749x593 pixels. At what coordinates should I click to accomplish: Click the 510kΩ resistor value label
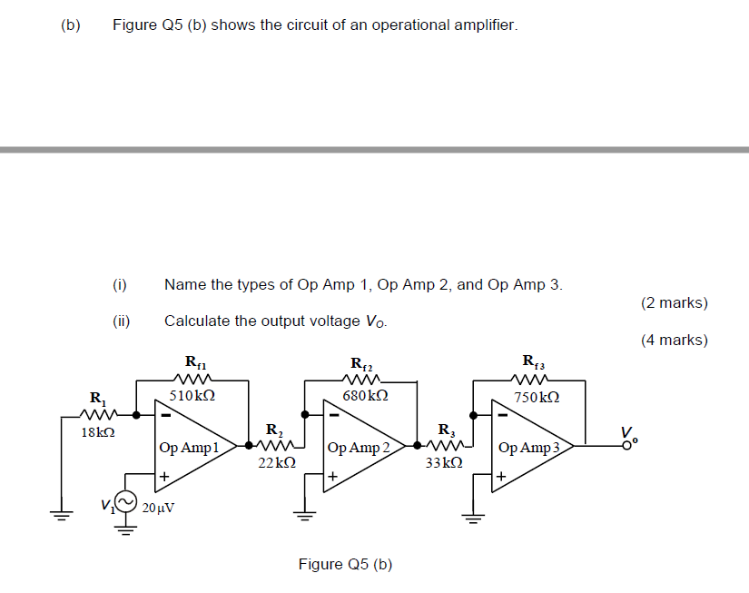pos(192,396)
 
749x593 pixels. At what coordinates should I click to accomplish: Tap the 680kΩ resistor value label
pos(366,396)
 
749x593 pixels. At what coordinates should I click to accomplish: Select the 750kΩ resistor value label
pos(536,398)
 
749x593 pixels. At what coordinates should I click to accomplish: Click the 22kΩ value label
pos(276,462)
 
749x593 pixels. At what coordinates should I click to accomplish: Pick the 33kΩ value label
pos(445,462)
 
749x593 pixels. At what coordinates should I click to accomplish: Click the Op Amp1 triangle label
pos(189,447)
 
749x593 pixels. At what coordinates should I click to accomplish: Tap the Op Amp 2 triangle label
pos(358,447)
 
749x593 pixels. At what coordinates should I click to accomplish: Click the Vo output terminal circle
pos(626,445)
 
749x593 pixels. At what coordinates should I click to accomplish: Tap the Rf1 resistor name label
pos(196,362)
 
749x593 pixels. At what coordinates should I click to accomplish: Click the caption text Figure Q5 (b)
pos(345,564)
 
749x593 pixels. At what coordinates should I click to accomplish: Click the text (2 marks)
pos(674,303)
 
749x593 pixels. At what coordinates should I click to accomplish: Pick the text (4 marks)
pos(674,341)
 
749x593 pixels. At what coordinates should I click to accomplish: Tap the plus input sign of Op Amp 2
pos(333,476)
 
